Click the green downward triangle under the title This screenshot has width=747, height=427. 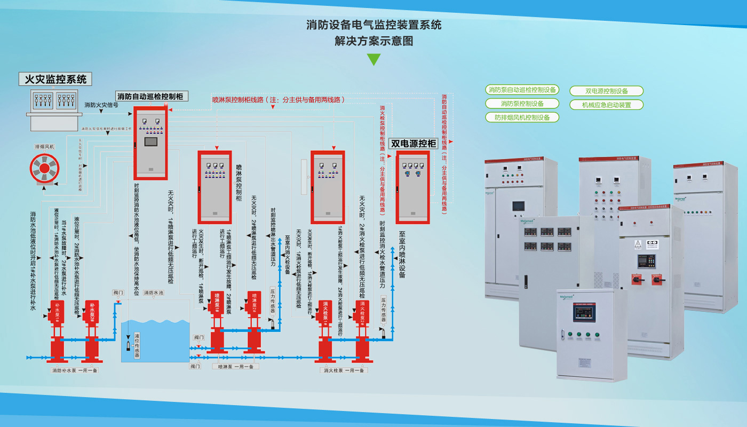coord(373,59)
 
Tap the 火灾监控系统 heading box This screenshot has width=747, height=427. coord(55,80)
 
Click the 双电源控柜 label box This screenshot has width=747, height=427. coord(414,144)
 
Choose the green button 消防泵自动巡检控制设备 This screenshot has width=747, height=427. coord(522,90)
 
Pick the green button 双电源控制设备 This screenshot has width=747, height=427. coord(607,91)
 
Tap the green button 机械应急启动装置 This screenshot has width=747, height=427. coord(607,105)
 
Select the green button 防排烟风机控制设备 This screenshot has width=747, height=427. coord(522,117)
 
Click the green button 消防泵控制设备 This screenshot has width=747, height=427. coord(522,104)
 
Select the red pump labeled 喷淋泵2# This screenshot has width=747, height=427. coord(255,326)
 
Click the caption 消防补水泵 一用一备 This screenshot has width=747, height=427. coord(75,370)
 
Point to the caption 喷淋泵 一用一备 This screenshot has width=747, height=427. coord(235,366)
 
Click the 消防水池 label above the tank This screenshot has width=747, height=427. coord(154,293)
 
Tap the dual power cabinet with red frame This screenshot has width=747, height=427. coord(412,187)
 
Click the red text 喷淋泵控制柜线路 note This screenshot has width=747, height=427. coord(278,99)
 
